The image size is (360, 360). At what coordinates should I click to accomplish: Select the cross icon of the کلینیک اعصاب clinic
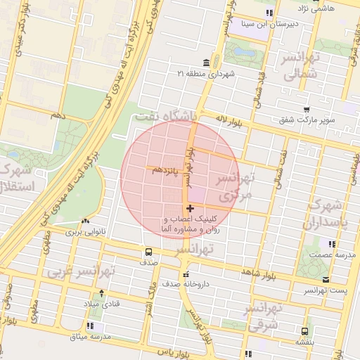190,209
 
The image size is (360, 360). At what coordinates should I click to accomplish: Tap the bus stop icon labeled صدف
148,251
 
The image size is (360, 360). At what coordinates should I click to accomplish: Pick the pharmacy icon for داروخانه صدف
186,274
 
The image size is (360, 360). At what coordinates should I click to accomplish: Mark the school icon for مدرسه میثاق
90,326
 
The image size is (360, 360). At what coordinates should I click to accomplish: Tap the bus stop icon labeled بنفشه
304,331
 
